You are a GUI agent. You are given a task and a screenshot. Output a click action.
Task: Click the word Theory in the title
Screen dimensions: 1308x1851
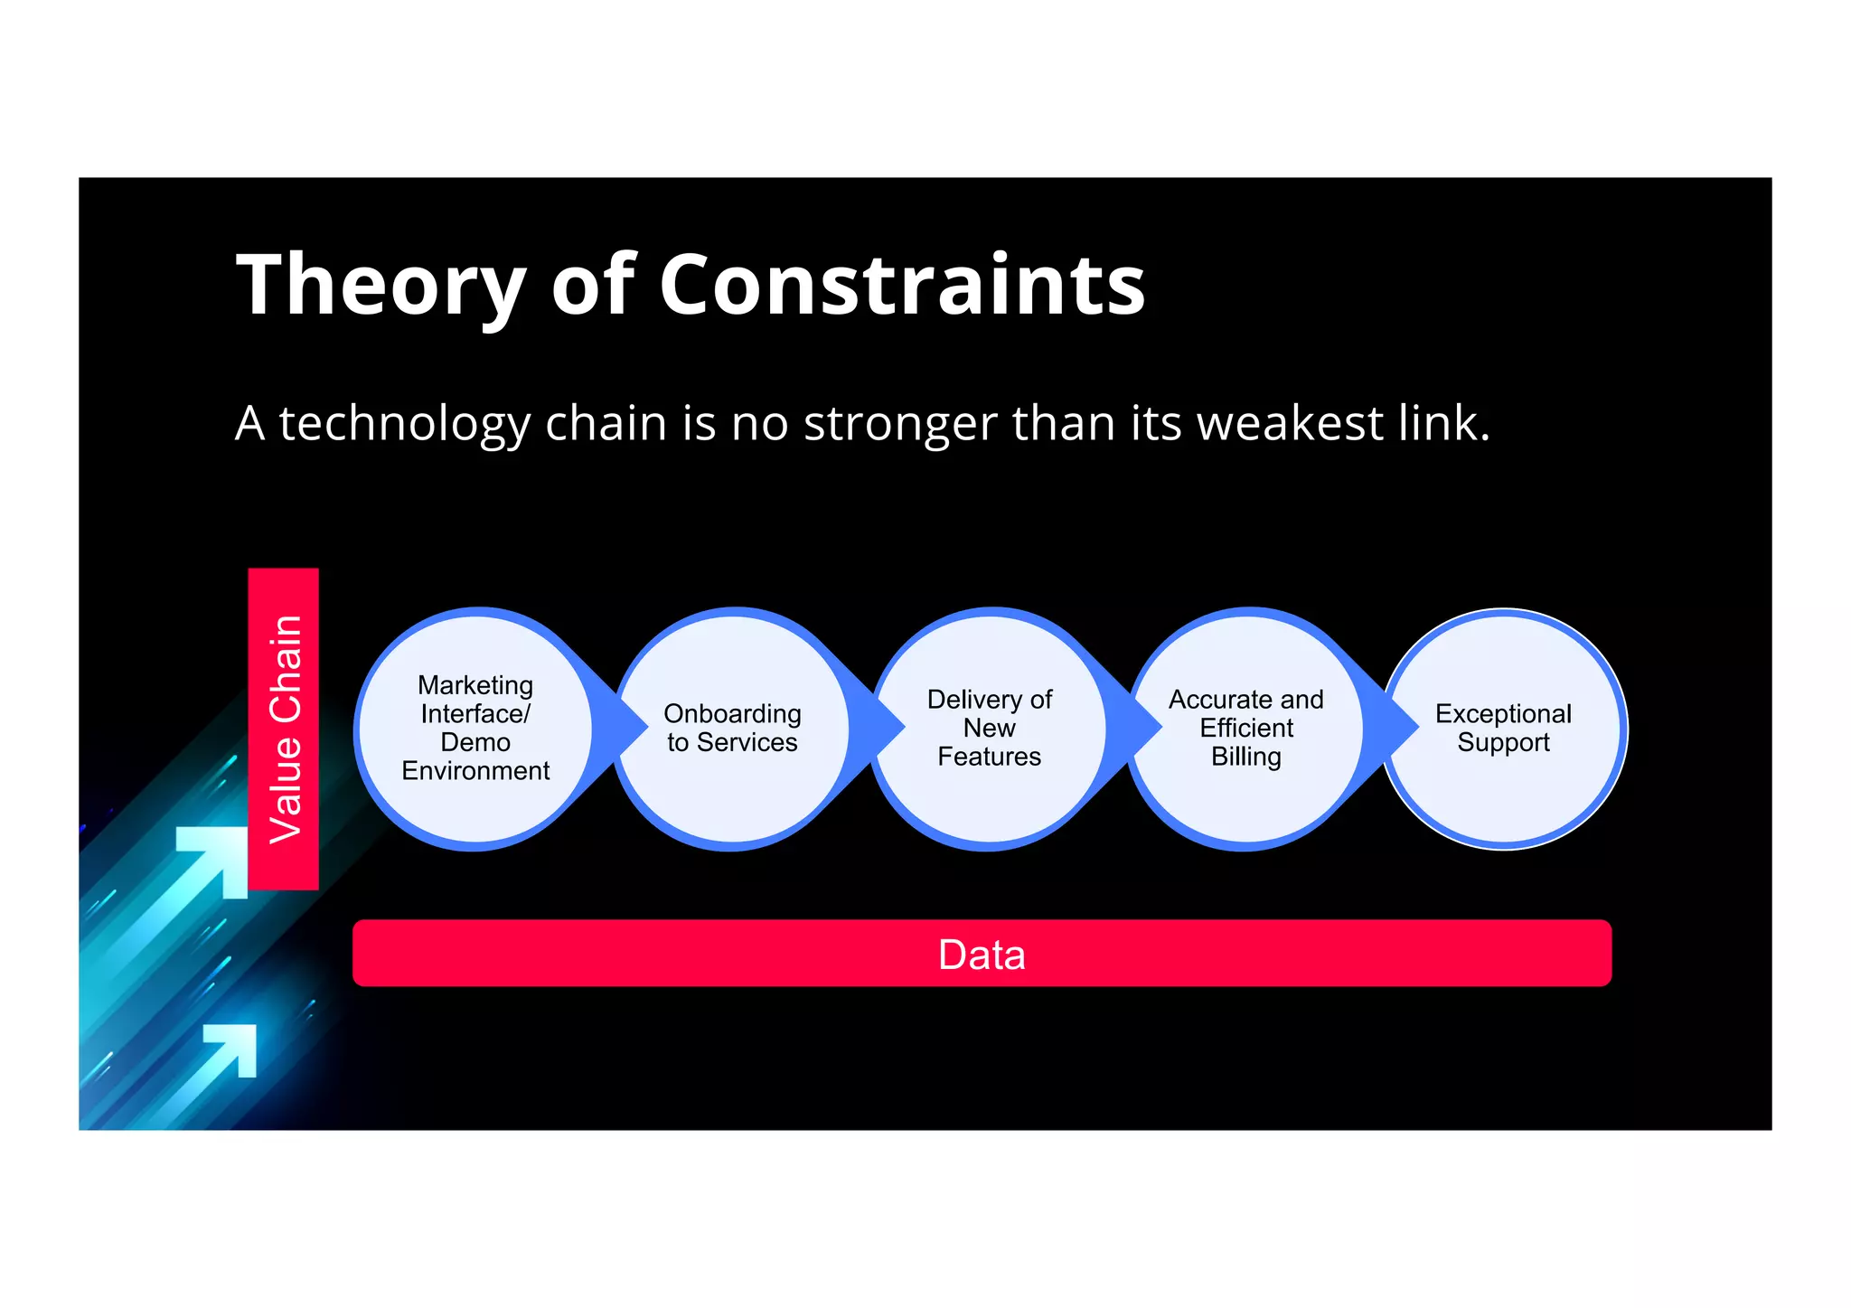click(380, 286)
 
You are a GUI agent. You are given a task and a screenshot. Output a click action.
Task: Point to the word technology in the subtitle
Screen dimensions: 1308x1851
click(404, 425)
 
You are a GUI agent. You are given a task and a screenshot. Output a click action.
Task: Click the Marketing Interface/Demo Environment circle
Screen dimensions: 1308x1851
click(475, 728)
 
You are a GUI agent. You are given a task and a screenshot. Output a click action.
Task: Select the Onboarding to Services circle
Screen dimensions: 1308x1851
click(732, 728)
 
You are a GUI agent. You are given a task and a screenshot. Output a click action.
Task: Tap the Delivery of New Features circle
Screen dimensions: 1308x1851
click(989, 728)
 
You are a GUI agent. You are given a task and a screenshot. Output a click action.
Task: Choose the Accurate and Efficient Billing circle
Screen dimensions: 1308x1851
click(1245, 728)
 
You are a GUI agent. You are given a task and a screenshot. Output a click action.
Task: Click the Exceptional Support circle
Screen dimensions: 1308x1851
click(1503, 728)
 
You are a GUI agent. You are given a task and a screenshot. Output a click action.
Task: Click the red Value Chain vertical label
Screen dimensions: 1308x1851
click(284, 729)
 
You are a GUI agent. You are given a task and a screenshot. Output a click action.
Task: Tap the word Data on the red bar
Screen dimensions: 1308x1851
click(982, 955)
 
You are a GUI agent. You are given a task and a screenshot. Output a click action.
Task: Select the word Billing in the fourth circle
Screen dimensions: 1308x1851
click(1245, 757)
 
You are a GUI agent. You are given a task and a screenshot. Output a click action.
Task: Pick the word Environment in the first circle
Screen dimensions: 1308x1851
click(475, 771)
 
